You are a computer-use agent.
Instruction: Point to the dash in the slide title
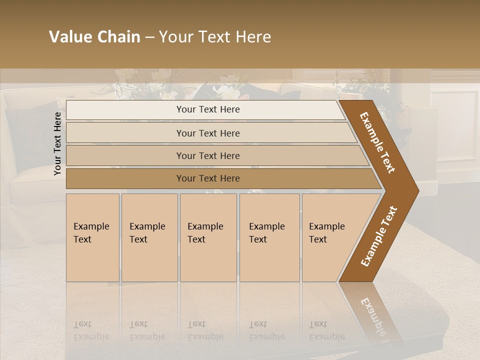149,37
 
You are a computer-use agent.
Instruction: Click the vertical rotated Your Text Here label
57,143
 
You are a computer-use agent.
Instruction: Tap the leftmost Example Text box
92,237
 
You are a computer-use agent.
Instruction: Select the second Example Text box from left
149,237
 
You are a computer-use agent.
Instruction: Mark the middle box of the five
208,237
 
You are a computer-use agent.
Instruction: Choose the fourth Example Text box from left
269,237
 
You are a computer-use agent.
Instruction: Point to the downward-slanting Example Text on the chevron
377,142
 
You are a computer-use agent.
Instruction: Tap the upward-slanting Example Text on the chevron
378,236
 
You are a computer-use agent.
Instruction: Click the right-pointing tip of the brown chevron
416,190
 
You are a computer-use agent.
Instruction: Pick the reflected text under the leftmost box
91,330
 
